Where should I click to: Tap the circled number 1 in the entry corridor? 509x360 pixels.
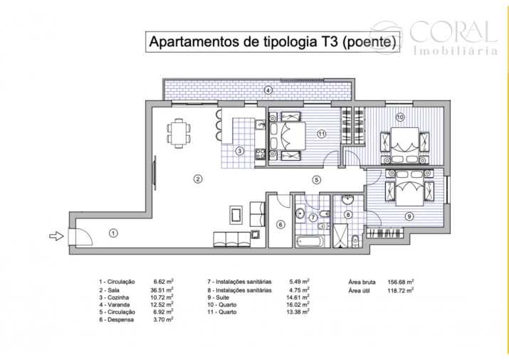112,232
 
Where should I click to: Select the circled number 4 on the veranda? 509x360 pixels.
268,90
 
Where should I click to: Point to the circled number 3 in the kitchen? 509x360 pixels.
241,151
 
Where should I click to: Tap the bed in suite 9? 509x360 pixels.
409,190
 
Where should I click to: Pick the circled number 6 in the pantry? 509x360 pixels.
280,225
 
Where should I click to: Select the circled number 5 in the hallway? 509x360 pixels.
317,179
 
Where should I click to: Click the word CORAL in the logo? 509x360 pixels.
453,31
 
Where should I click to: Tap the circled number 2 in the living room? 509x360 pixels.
198,179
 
